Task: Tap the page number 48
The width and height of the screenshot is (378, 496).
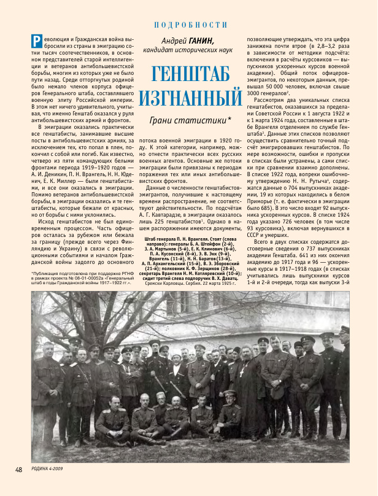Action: [x=18, y=470]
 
